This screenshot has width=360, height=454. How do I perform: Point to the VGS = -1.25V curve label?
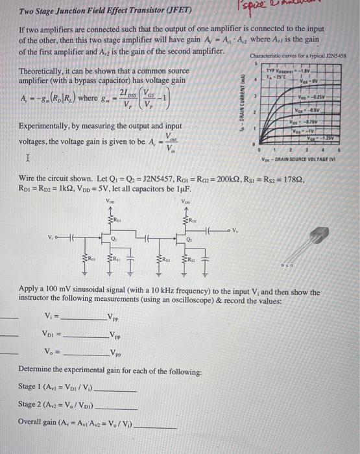pos(331,139)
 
